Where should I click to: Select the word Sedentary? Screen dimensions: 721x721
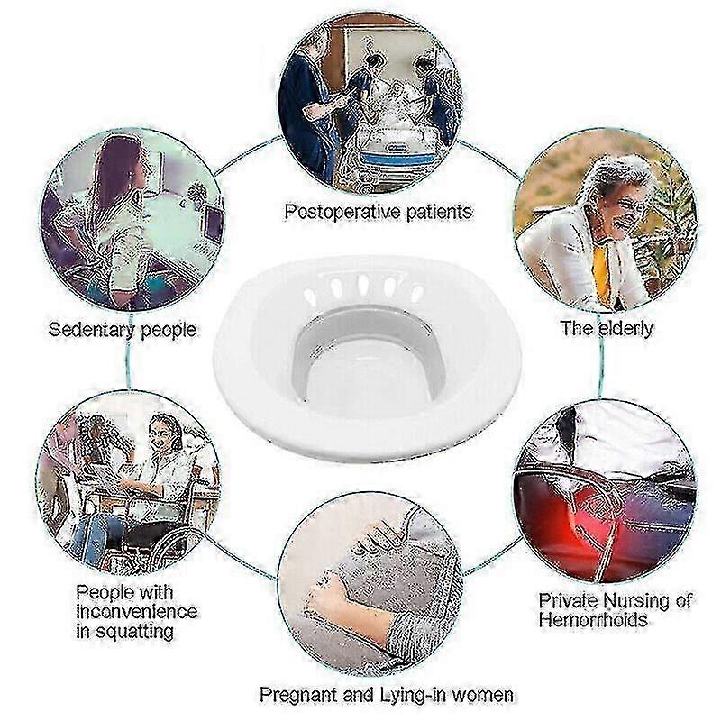pyautogui.click(x=93, y=330)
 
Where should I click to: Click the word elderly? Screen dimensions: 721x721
pyautogui.click(x=625, y=328)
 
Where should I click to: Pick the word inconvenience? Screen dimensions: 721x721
pyautogui.click(x=137, y=612)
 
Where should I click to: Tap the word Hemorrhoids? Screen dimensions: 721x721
pyautogui.click(x=593, y=620)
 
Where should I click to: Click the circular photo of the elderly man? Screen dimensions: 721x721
pyautogui.click(x=605, y=220)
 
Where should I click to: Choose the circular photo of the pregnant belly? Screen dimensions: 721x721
pyautogui.click(x=370, y=584)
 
